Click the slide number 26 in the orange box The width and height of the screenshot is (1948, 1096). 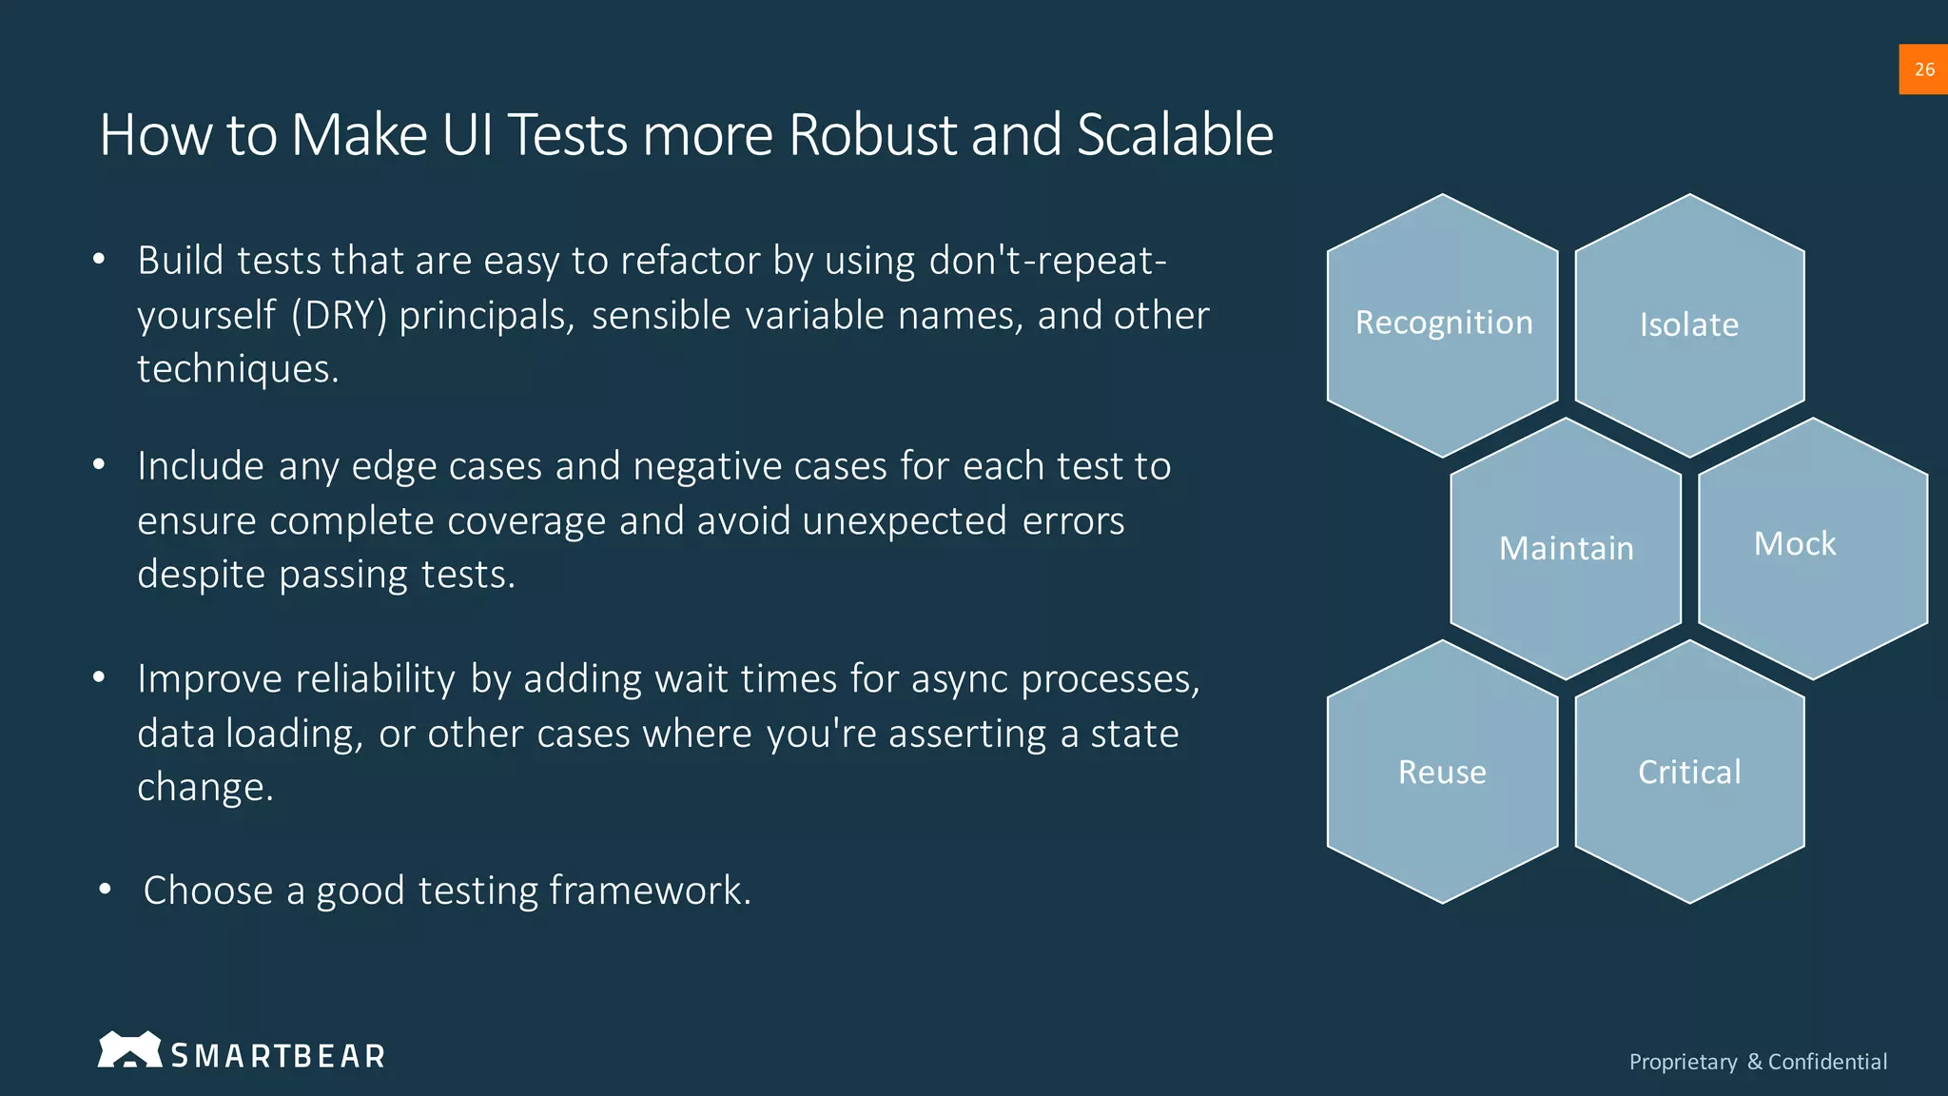[1923, 69]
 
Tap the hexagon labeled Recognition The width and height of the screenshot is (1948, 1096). [1443, 323]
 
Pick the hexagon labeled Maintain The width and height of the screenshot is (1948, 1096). [1566, 549]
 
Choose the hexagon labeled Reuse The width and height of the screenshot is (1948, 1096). [1442, 772]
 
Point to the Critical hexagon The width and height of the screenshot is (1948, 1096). [1689, 772]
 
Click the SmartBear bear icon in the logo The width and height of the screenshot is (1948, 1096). [129, 1050]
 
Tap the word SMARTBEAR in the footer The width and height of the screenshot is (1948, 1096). [278, 1056]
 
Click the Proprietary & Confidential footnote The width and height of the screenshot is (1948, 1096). [1758, 1062]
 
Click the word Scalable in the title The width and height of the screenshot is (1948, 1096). [1175, 135]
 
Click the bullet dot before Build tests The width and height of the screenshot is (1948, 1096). [99, 261]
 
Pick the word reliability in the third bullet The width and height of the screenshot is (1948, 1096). [376, 679]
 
